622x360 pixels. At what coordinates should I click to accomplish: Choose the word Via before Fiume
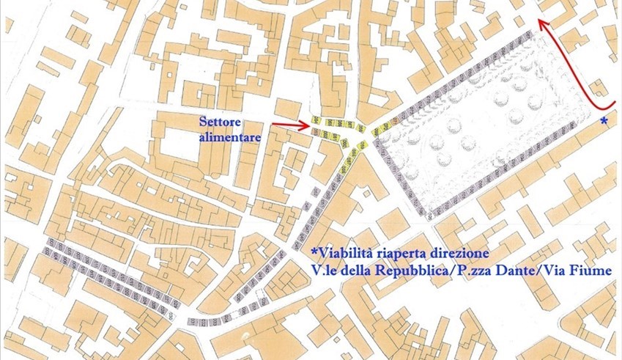pos(563,271)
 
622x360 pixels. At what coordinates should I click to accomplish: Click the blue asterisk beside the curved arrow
pos(604,120)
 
